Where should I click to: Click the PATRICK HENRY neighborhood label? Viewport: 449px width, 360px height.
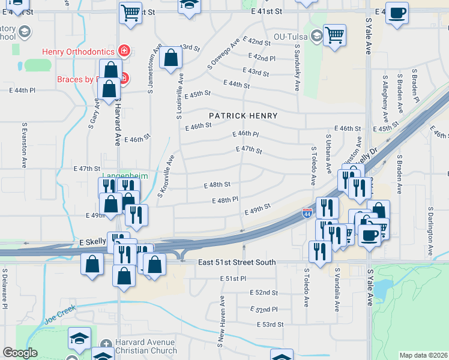tap(243, 116)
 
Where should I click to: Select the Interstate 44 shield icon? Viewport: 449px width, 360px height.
tap(307, 213)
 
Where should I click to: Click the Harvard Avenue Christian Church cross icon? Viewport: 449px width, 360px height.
tap(106, 345)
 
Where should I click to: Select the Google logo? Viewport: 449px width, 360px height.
tap(19, 353)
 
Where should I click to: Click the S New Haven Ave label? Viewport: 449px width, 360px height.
tap(222, 318)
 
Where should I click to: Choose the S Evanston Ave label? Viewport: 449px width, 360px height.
tap(25, 146)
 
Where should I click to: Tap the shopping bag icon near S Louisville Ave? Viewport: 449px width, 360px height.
tap(171, 58)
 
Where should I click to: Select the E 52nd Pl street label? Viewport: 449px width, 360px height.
tap(265, 309)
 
